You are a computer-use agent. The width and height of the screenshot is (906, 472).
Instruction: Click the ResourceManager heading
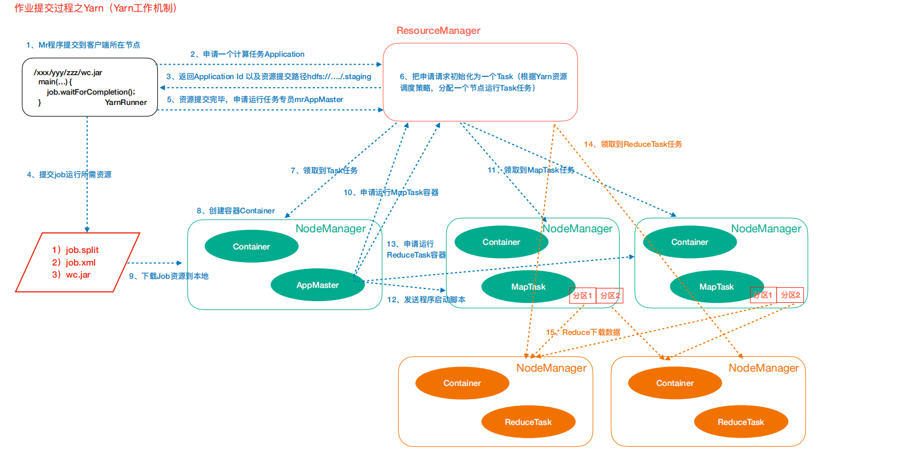[438, 31]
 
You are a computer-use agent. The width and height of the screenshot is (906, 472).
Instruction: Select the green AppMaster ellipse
[317, 285]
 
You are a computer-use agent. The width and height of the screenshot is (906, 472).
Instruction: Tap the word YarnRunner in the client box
[126, 103]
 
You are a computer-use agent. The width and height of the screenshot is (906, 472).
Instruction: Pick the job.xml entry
[80, 263]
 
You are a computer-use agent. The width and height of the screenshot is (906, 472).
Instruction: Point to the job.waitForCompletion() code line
[91, 92]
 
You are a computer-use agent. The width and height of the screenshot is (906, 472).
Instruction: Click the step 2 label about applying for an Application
[247, 54]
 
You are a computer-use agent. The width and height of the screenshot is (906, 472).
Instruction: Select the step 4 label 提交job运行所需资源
[69, 175]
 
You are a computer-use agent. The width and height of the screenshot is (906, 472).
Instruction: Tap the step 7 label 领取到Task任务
[324, 171]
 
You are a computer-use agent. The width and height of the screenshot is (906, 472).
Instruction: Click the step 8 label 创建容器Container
[235, 211]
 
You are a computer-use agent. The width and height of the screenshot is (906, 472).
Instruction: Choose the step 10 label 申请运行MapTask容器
[391, 193]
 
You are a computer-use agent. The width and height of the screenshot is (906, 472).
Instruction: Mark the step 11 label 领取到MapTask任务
[531, 170]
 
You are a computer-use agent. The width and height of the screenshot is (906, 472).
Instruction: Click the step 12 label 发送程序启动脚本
[426, 300]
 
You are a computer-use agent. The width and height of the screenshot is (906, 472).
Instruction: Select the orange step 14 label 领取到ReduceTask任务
[633, 145]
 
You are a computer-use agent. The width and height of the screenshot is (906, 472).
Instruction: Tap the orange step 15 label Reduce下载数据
[583, 333]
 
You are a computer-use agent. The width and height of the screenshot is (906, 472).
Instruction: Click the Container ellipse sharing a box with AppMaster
[251, 247]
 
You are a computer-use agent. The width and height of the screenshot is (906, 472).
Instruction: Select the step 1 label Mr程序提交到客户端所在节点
[83, 45]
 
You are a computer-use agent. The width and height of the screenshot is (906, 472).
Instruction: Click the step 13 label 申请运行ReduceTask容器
[415, 249]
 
